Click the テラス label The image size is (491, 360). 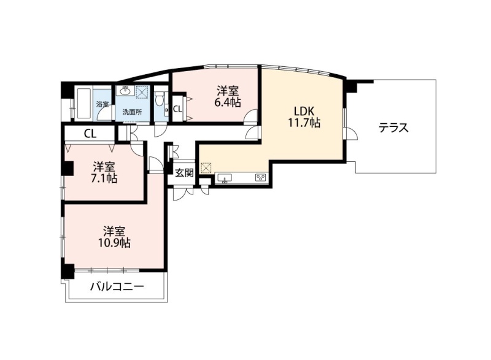coord(393,128)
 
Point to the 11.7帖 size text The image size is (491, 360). coord(304,123)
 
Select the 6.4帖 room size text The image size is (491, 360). coord(228,102)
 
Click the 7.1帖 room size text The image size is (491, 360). coord(104,178)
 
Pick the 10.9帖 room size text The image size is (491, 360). coord(115,243)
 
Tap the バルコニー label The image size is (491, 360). coord(117,286)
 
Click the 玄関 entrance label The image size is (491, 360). coord(184,173)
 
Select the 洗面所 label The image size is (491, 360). coord(132,112)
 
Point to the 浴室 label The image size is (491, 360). coord(102,104)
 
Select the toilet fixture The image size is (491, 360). coord(160,99)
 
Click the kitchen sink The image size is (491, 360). coord(224,178)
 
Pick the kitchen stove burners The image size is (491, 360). coord(260,178)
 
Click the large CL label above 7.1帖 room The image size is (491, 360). coord(90,134)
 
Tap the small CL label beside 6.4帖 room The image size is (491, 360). coord(177,109)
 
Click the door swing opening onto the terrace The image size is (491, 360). coord(350,133)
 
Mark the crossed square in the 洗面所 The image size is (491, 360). coord(142,91)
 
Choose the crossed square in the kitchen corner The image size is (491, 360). coord(206,168)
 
